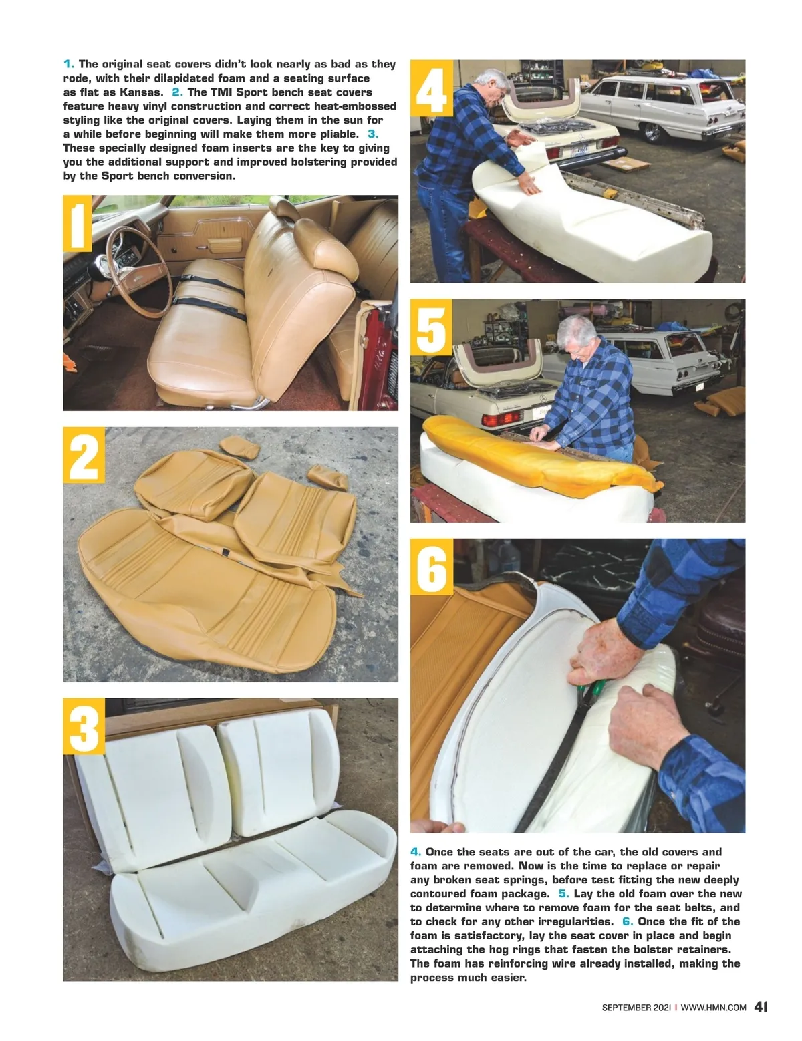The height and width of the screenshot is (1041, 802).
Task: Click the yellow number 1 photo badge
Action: [77, 223]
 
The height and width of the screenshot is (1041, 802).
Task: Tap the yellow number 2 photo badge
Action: [84, 454]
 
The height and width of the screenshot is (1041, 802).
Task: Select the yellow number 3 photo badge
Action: [84, 726]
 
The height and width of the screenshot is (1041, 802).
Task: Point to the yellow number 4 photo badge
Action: [431, 88]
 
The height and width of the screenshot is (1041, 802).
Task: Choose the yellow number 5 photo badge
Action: [431, 327]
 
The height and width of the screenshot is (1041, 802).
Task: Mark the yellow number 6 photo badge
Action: [432, 567]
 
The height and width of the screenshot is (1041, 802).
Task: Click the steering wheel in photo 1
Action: [139, 271]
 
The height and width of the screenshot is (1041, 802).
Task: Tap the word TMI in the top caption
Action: [221, 92]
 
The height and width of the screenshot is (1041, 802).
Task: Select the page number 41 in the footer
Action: [761, 1006]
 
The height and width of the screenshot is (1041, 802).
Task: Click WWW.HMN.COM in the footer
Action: [713, 1008]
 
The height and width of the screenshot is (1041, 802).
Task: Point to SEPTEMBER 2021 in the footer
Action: [636, 1008]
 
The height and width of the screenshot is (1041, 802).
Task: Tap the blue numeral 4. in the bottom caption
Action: [416, 852]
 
